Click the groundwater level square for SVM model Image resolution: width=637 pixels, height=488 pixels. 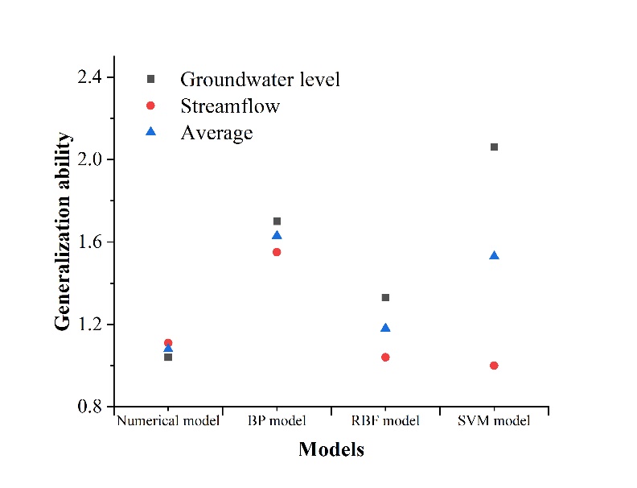(x=494, y=147)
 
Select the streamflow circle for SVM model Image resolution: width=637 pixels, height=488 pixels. (x=494, y=365)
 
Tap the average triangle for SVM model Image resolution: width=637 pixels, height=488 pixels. (x=494, y=255)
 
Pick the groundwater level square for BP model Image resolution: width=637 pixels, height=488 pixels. (x=277, y=221)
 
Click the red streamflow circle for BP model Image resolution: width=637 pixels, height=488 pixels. (x=277, y=251)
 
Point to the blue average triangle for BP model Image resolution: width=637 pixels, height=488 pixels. (x=277, y=235)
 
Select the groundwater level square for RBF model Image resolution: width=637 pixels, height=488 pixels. (x=385, y=297)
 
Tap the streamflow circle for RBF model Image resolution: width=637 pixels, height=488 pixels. (x=385, y=357)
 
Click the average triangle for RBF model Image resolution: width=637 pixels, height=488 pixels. (x=385, y=328)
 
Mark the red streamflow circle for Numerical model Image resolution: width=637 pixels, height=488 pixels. (x=168, y=343)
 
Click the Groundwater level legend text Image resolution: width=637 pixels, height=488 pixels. (x=260, y=80)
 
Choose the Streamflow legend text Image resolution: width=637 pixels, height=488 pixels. (x=230, y=106)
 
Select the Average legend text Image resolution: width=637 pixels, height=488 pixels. (x=216, y=133)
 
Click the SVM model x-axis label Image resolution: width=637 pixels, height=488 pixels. (x=494, y=421)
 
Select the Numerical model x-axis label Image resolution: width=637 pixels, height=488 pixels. (x=168, y=421)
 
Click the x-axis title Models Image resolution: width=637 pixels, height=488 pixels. (x=331, y=449)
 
